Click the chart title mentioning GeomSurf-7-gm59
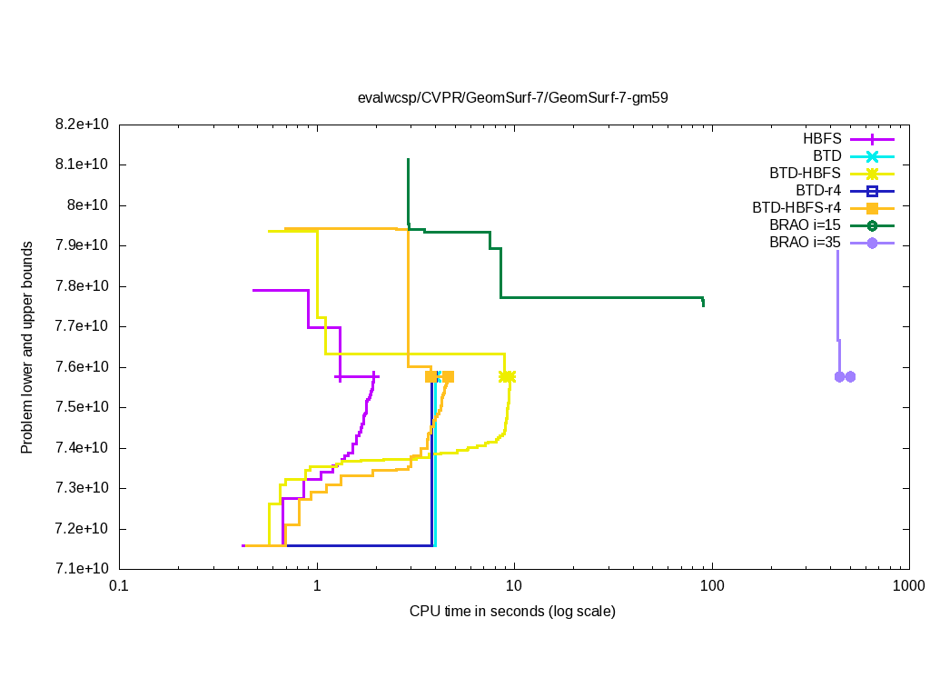pos(512,98)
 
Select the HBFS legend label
pos(821,139)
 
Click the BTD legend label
pos(826,156)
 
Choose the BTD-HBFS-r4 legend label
pos(796,208)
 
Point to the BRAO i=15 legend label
pos(805,225)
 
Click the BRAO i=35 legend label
pos(805,243)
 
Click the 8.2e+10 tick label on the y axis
pos(81,124)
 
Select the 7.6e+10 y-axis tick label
pos(81,367)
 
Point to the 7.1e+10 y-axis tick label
pos(81,570)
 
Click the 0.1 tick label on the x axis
pos(119,587)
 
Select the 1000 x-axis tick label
pos(909,587)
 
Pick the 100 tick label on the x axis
pos(712,587)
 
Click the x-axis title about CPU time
pos(512,612)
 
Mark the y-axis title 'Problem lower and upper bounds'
pos(27,347)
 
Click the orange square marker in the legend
pos(872,208)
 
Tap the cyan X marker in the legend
pos(872,156)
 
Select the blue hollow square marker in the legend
pos(872,191)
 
